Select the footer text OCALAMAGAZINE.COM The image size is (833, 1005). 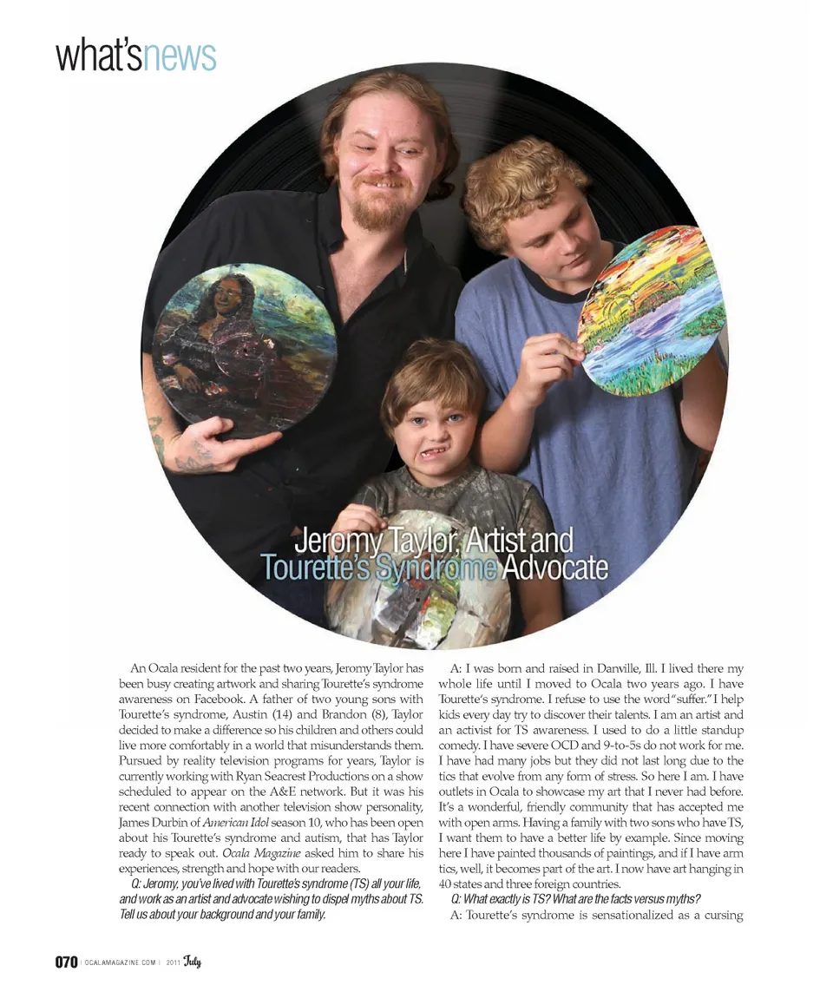(121, 962)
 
